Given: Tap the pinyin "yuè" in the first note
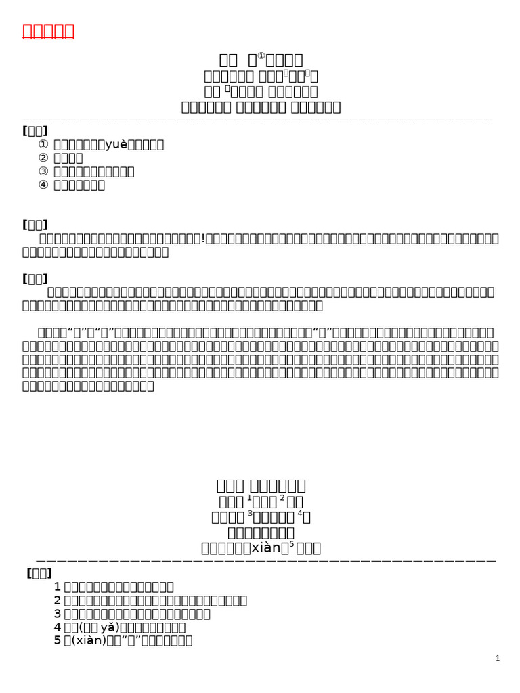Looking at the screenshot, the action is pyautogui.click(x=112, y=144).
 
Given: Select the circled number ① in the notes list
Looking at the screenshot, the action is pyautogui.click(x=43, y=144).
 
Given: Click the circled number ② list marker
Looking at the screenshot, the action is pyautogui.click(x=43, y=158).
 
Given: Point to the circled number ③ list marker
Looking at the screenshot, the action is pyautogui.click(x=43, y=171).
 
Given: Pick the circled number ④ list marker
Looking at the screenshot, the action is pyautogui.click(x=43, y=185).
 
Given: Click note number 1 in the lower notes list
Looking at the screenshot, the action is pyautogui.click(x=58, y=587).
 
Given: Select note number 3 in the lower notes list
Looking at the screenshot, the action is pyautogui.click(x=58, y=614).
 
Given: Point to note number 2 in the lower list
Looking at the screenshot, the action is pyautogui.click(x=58, y=600).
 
